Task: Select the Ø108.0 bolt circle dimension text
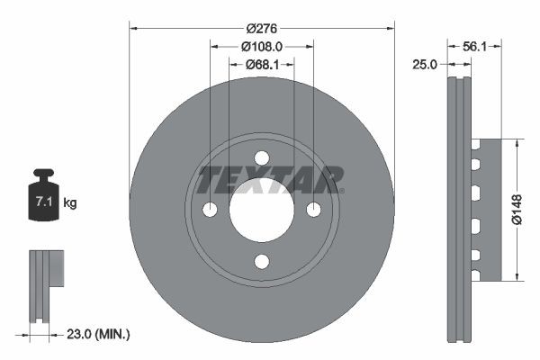coord(262,45)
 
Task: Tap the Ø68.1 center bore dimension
coord(262,64)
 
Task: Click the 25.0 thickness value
coord(425,64)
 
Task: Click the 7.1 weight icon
coord(42,199)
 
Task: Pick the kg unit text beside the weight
coord(70,203)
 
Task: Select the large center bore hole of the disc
coord(262,210)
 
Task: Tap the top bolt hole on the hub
coord(262,158)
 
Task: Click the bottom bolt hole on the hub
coord(262,261)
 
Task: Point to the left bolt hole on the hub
coord(211,210)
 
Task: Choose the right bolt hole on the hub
coord(313,210)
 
